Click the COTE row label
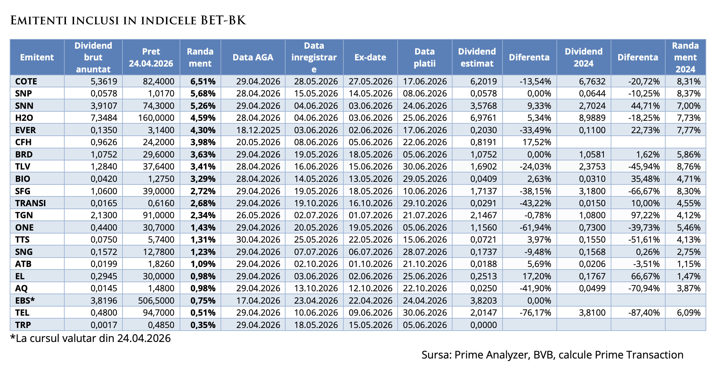click(26, 81)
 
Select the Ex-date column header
click(370, 57)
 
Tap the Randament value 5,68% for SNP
click(203, 94)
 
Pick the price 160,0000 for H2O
click(156, 118)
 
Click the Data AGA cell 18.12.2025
click(258, 130)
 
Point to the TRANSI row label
click(30, 203)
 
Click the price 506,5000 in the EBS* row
click(156, 300)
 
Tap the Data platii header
click(424, 57)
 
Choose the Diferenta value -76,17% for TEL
click(535, 313)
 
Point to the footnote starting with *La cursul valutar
click(90, 338)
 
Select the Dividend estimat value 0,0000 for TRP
click(483, 325)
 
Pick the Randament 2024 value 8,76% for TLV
click(688, 167)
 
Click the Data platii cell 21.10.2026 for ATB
click(425, 264)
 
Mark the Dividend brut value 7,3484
click(104, 118)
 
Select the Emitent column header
click(37, 57)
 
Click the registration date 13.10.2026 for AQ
click(316, 288)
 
